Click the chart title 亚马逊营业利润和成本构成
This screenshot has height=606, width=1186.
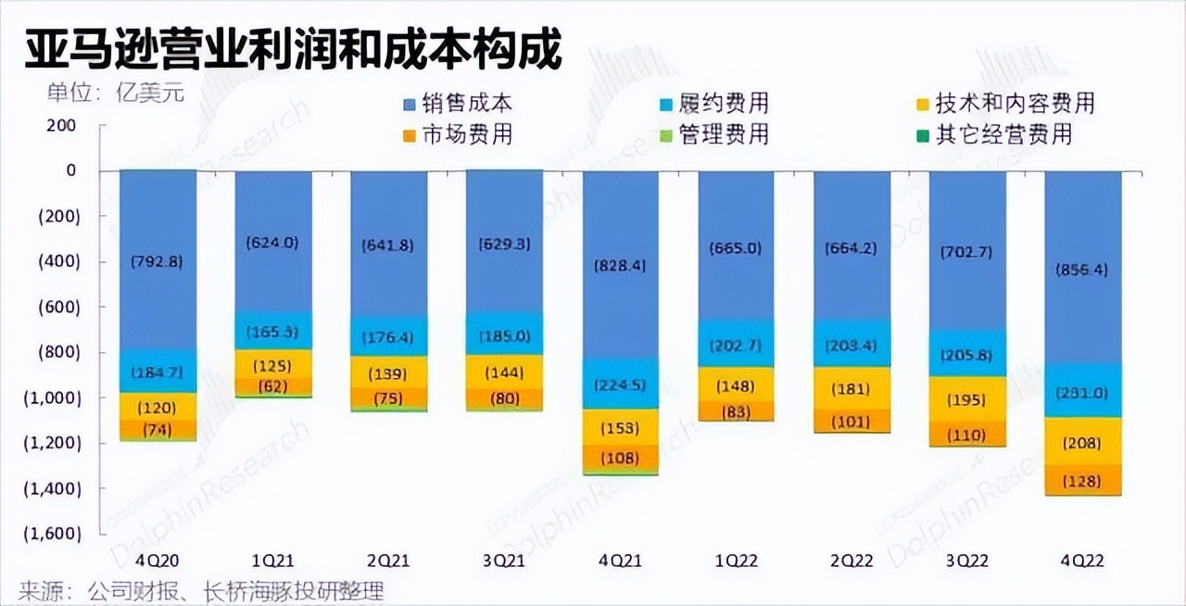coord(293,50)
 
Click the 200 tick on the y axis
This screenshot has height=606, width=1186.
coord(64,125)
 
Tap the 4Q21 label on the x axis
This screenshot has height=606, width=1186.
coord(620,561)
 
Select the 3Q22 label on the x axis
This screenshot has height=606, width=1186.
coord(967,561)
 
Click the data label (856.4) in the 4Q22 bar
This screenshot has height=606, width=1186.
coord(1083,270)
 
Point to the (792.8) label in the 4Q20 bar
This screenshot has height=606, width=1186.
coord(158,261)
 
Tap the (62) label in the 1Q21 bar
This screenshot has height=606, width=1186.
coord(272,386)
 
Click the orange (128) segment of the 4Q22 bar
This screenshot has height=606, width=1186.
coord(1083,480)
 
